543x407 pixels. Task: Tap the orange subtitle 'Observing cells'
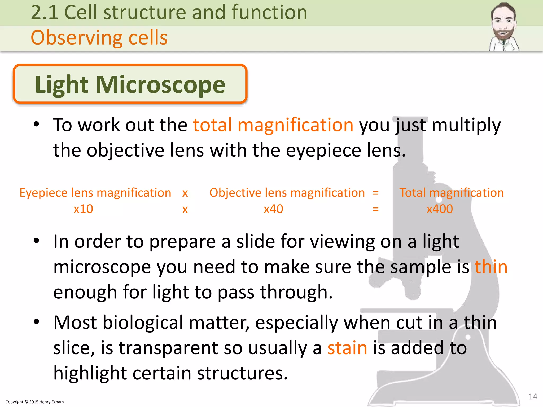(99, 38)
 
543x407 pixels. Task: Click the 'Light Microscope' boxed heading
(130, 84)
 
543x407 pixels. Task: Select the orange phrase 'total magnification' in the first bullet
(273, 125)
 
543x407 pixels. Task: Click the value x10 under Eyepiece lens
(83, 209)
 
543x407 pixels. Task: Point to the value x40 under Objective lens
(273, 209)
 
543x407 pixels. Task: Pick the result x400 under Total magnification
(440, 209)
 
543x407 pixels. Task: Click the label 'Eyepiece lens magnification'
(95, 193)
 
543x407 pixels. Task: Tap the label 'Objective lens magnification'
(287, 193)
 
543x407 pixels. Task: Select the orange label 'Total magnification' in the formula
(451, 193)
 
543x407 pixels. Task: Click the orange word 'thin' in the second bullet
(491, 267)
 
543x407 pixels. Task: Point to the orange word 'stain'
(347, 348)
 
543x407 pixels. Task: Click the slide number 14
(533, 397)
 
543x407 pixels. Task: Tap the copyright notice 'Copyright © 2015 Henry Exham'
(35, 402)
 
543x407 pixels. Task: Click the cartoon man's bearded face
(503, 25)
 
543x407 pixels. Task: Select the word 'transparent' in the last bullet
(168, 348)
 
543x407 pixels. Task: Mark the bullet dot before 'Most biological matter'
(37, 322)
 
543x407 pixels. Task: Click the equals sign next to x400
(375, 209)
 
